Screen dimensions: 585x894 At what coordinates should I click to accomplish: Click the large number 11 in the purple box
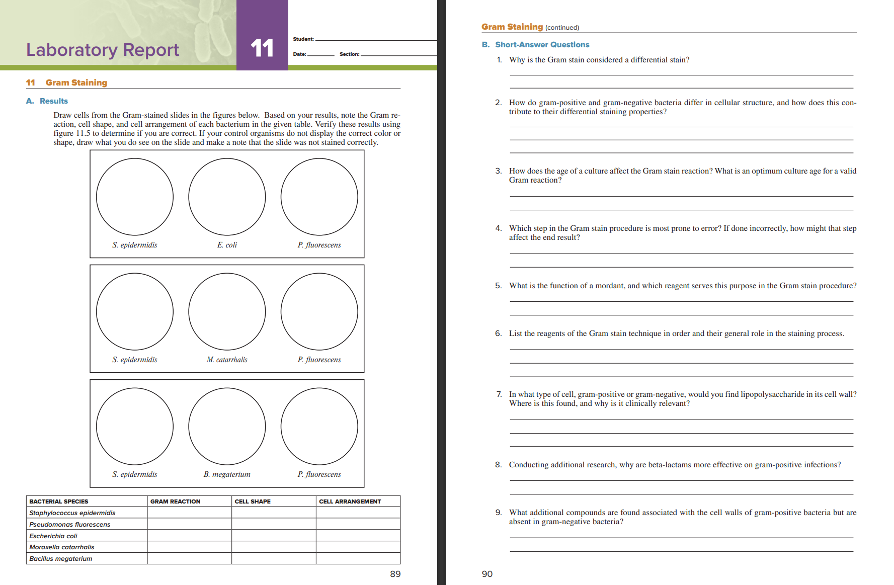tap(262, 48)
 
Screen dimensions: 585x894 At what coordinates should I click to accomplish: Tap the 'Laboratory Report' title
tap(103, 50)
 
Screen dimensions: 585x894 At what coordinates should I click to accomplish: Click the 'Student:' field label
tap(303, 39)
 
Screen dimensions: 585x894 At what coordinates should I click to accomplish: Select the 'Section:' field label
tap(349, 54)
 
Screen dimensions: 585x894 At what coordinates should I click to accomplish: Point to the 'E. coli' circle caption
tap(227, 245)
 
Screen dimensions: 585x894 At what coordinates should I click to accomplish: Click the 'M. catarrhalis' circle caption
tap(227, 360)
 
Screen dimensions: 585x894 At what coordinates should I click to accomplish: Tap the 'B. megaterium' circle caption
tap(227, 474)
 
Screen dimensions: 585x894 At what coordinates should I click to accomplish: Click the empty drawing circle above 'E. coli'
tap(227, 197)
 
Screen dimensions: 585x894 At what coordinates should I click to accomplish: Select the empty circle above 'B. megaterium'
tap(227, 426)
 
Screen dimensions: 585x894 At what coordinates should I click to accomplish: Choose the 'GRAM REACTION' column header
tap(175, 502)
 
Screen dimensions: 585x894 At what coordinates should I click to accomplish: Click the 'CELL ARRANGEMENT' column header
tap(350, 502)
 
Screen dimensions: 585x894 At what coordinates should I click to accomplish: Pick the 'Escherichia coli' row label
tap(53, 536)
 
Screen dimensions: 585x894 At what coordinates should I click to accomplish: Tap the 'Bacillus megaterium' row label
tap(61, 558)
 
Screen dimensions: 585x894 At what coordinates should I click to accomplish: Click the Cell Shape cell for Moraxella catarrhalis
tap(274, 547)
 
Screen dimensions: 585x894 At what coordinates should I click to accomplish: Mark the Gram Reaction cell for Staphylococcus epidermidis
tap(189, 513)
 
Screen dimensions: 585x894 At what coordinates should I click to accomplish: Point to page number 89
tap(395, 574)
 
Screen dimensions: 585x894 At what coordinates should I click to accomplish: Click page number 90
tap(487, 574)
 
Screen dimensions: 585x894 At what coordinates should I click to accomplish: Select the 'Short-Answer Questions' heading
tap(542, 45)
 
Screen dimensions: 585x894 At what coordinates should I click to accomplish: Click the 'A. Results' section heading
tap(47, 101)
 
